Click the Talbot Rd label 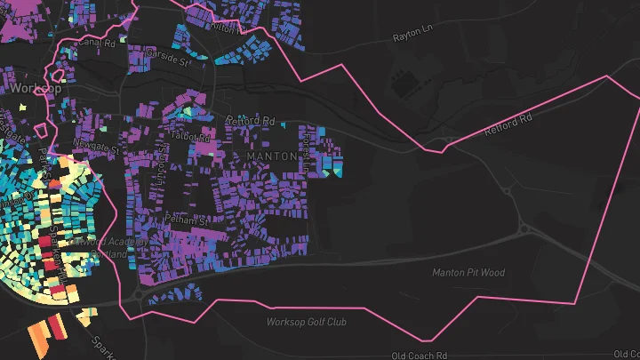193,138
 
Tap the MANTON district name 270,156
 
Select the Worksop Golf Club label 308,322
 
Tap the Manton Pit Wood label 468,272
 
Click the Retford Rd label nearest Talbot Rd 252,120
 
